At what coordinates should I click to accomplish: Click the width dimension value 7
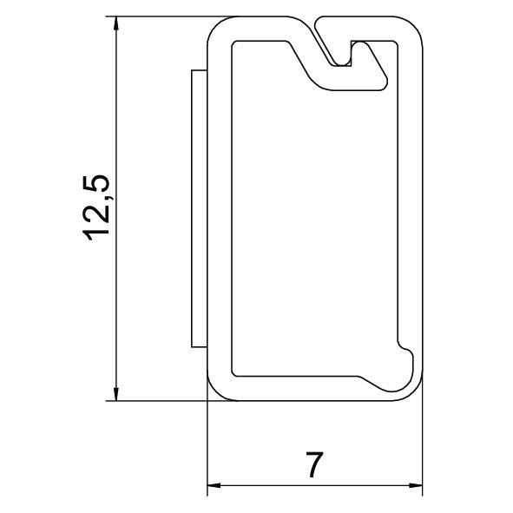(314, 466)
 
